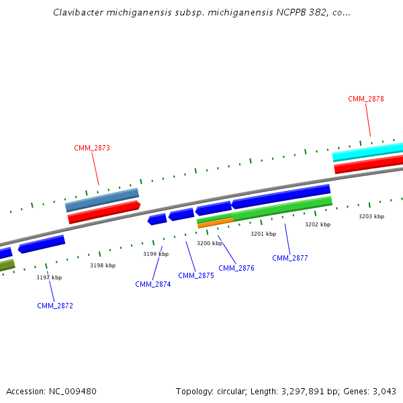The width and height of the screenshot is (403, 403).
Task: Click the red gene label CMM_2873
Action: [x=92, y=148]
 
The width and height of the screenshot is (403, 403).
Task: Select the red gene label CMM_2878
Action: [x=366, y=99]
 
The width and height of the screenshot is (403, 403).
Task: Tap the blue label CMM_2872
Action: [x=55, y=306]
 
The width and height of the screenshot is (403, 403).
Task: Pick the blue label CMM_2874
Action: [x=153, y=284]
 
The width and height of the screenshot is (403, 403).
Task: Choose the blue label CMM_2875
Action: [x=196, y=275]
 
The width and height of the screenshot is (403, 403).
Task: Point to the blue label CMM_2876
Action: [x=236, y=268]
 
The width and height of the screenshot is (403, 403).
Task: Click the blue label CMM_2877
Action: [x=290, y=258]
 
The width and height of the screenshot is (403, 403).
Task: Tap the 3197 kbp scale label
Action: [x=49, y=277]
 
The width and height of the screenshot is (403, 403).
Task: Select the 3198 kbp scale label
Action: [x=103, y=265]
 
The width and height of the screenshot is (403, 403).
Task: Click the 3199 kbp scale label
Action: [x=156, y=254]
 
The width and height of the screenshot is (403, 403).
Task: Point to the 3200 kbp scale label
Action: [x=210, y=243]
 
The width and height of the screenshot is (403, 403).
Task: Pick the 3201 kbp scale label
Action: [x=263, y=234]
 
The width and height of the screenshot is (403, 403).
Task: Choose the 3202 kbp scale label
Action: [x=318, y=224]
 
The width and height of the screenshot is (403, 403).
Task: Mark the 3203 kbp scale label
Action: [x=371, y=216]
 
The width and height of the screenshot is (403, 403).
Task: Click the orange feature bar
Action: [x=216, y=222]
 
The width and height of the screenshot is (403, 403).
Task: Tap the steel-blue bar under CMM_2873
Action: [x=102, y=199]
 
